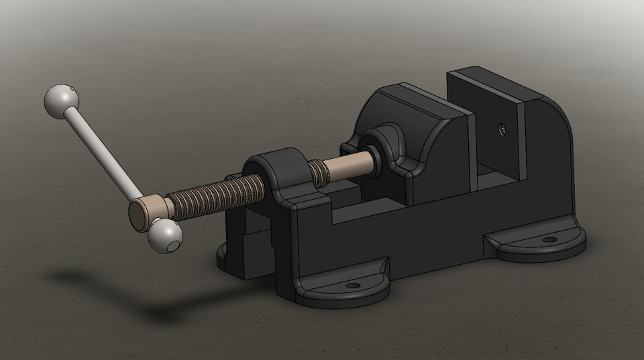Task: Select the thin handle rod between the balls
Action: [101, 152]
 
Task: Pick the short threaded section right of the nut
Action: [321, 175]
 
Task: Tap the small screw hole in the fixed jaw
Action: [500, 127]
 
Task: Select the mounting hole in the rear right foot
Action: [549, 239]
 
